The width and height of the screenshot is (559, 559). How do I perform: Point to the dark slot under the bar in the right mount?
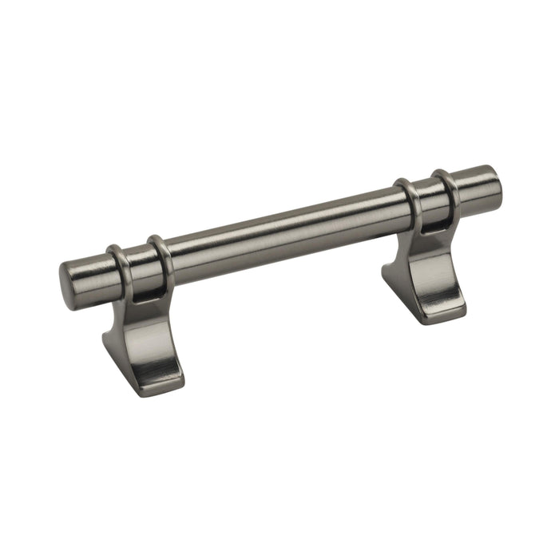(432, 227)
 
